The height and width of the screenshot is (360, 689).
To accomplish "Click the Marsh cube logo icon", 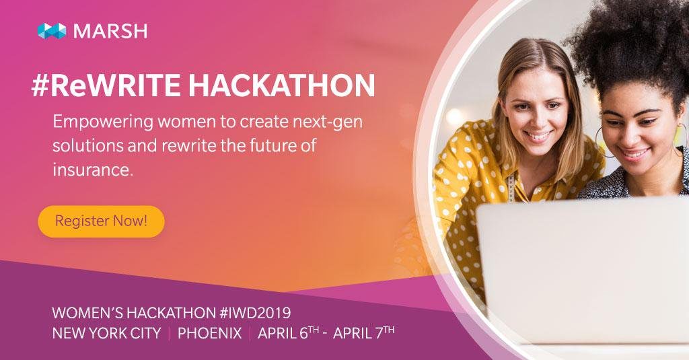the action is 52,31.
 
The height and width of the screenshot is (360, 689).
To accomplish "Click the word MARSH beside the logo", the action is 110,31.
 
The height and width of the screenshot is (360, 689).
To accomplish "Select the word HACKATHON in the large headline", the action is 282,85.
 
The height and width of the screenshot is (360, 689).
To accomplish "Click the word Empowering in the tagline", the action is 103,122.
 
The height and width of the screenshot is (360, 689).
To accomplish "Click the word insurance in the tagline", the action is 93,169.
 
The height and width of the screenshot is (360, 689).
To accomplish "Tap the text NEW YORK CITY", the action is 106,333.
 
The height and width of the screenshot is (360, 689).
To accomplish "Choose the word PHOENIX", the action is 210,333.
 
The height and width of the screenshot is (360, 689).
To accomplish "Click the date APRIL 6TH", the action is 288,332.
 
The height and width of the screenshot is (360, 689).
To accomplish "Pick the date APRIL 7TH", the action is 364,332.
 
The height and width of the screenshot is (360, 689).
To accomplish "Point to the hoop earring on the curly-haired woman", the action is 603,141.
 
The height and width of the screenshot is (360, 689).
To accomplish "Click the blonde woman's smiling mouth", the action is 538,135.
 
